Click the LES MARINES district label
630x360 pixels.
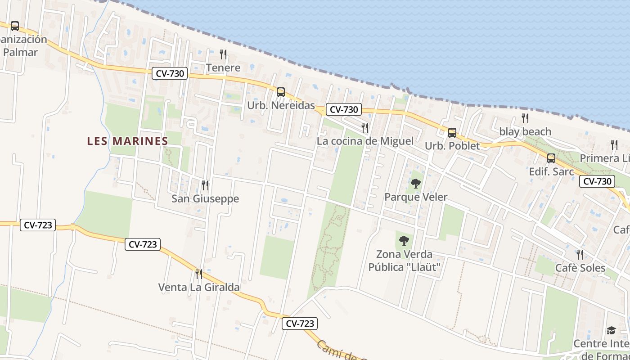click(127, 141)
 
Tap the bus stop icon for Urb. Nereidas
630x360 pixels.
click(281, 92)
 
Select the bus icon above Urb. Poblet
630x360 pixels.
click(452, 133)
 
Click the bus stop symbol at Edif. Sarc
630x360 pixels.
click(551, 158)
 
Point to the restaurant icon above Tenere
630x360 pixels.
click(223, 54)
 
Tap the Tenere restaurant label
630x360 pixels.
click(223, 68)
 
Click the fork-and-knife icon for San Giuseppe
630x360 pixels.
click(205, 185)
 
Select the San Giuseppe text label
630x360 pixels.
click(205, 198)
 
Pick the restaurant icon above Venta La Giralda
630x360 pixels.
click(198, 274)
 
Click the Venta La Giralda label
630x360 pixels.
click(199, 287)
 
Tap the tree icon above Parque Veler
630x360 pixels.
click(416, 184)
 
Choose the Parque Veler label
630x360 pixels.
click(416, 197)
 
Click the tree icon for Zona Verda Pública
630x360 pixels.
click(404, 241)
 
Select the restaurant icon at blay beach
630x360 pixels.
click(525, 118)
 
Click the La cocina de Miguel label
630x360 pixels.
click(365, 141)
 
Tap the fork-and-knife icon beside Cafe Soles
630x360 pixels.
click(580, 255)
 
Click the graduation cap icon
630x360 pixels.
click(611, 331)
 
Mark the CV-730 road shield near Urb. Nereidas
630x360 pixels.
click(344, 109)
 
